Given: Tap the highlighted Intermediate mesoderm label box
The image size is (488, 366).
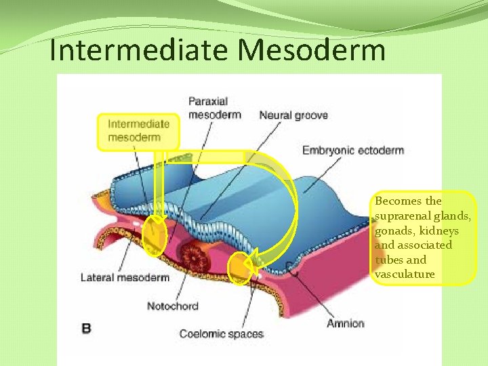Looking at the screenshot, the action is point(138,131).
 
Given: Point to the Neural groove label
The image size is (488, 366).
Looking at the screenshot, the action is point(293,115).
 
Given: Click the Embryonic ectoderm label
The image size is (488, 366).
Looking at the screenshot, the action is point(352,150).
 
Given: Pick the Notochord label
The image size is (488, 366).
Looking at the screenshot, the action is point(173,306).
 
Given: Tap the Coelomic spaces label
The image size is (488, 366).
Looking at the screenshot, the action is point(221,333).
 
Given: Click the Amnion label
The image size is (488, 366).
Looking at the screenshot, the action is point(345,323).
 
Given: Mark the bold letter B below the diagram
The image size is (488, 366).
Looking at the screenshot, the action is point(86,329).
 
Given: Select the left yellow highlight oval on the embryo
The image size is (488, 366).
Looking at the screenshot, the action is point(155,235).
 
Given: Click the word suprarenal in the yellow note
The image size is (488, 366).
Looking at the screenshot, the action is point(397,216).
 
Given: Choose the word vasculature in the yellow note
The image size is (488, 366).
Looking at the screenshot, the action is point(405,274).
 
